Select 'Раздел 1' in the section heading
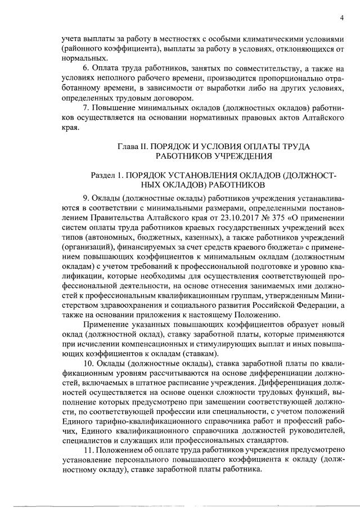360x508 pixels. click(107, 176)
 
